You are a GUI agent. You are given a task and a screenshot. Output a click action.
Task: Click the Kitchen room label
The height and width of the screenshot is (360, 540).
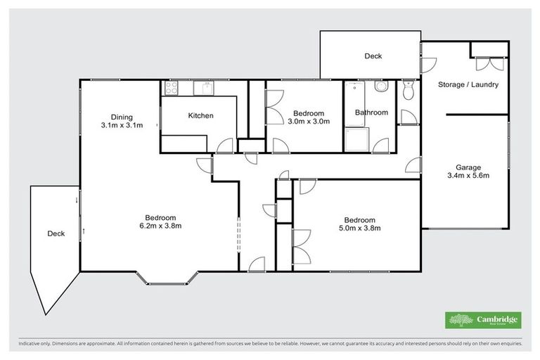pos(200,116)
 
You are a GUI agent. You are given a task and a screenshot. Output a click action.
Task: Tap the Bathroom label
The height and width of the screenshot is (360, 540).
pos(371,112)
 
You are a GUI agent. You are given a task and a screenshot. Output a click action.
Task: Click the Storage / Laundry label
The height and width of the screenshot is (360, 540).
pos(468,84)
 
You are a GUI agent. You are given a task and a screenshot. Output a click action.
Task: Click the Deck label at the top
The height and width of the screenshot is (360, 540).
pos(373,56)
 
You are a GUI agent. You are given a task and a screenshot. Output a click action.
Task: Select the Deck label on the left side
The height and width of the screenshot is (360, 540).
pos(56,233)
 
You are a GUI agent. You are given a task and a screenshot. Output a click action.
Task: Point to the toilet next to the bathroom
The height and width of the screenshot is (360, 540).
pos(408,89)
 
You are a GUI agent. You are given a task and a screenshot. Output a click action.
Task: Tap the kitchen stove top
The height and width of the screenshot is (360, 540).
pos(171,88)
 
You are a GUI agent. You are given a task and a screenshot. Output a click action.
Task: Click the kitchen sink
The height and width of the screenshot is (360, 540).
pos(205,88)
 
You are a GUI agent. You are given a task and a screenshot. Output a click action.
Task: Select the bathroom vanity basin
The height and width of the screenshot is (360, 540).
pos(380,87)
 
